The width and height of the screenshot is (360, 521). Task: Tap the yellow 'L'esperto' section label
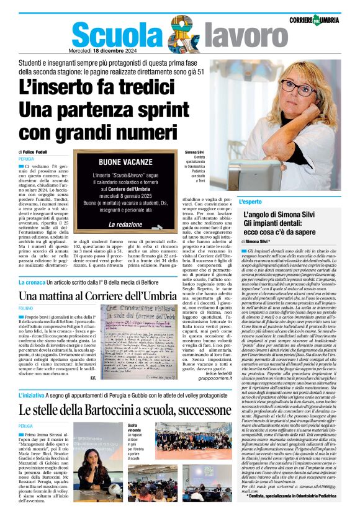click(x=250, y=202)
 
